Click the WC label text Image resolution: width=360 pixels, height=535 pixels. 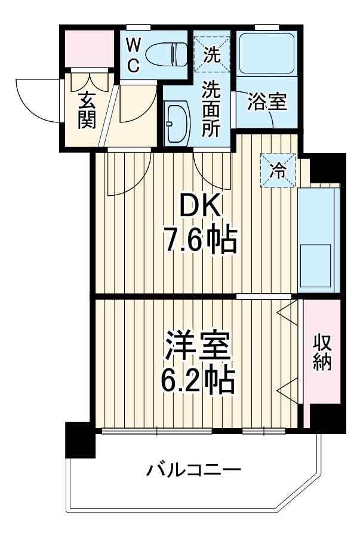[134, 54]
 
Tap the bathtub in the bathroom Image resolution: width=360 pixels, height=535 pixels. [266, 53]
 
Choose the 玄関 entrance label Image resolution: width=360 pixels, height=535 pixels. [86, 110]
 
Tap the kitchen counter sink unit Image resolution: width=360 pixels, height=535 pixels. [319, 239]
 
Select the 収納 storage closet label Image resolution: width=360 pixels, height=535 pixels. [322, 352]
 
